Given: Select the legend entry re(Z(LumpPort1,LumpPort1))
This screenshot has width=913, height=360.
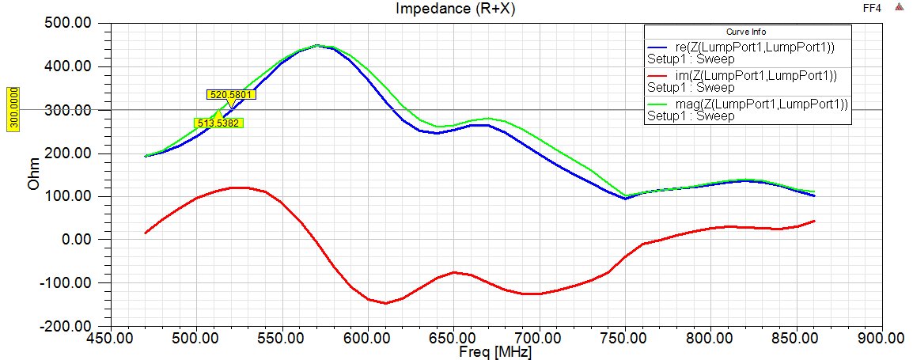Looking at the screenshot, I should point(748,47).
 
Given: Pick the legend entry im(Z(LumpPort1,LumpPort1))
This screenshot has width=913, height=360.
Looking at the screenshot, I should point(748,75).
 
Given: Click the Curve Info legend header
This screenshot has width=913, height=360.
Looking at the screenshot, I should point(748,32).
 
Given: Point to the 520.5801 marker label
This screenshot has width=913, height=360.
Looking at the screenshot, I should point(232,95).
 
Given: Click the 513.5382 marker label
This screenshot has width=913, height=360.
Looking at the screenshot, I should point(218,123).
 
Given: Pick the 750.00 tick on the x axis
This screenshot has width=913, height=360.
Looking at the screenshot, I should point(624,338).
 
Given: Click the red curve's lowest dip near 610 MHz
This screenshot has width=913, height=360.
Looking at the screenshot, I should point(385,303).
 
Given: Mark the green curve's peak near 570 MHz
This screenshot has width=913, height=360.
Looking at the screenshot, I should point(317,45).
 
